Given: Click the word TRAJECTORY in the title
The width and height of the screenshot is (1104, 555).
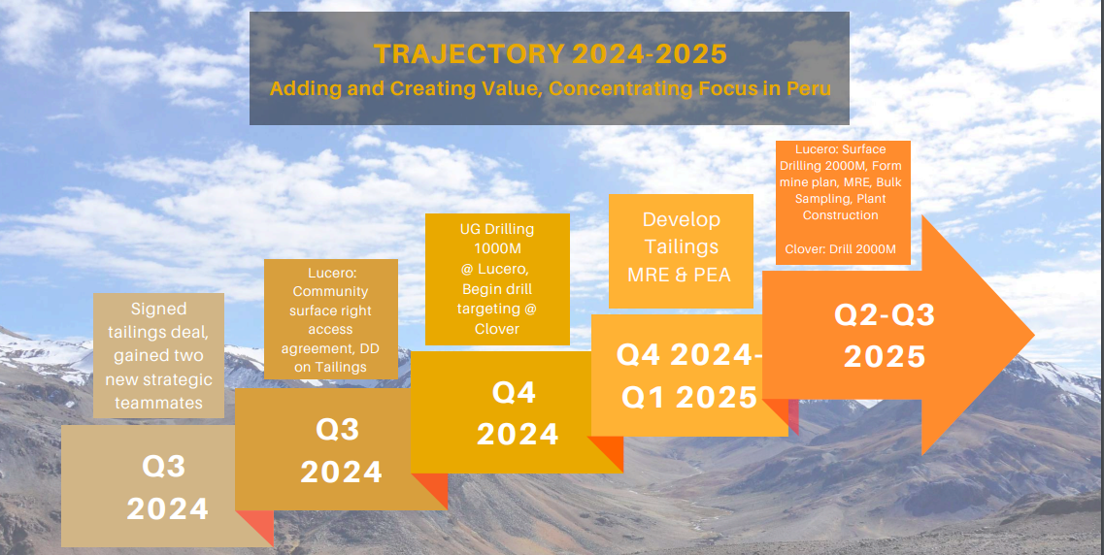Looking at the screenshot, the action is [x=469, y=54].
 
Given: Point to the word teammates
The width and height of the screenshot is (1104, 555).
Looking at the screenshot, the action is [x=158, y=403].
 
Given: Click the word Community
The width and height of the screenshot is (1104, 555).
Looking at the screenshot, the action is [x=330, y=291].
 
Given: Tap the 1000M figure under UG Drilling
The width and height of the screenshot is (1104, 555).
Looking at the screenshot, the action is [x=497, y=249].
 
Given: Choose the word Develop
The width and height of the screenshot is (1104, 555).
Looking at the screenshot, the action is [x=681, y=220].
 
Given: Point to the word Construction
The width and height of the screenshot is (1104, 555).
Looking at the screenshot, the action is [x=841, y=215].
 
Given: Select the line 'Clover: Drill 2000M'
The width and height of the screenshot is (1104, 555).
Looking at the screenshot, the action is [x=841, y=249].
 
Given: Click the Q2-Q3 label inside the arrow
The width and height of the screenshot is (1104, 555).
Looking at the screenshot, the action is [x=885, y=316].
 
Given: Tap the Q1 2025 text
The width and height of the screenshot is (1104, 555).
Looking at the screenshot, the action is [x=688, y=398].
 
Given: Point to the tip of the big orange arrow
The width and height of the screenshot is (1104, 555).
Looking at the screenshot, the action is [x=1033, y=336].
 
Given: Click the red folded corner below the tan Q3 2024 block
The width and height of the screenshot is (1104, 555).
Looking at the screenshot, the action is [x=254, y=527].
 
